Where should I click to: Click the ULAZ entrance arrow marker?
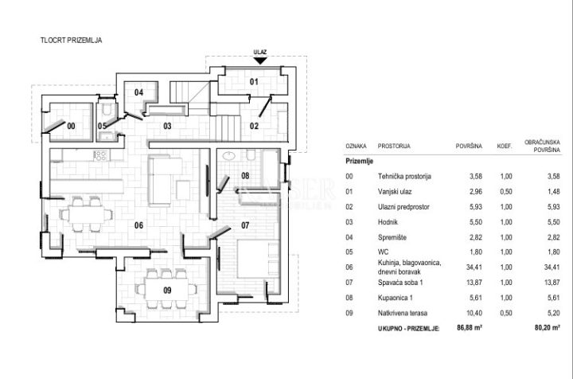pyautogui.click(x=260, y=61)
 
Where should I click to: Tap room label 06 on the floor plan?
pyautogui.click(x=138, y=225)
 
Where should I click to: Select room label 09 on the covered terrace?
pyautogui.click(x=167, y=290)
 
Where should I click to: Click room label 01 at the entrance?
pyautogui.click(x=254, y=81)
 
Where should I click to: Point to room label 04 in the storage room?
pyautogui.click(x=138, y=92)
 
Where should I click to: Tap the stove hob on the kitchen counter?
pyautogui.click(x=100, y=155)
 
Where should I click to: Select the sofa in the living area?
pyautogui.click(x=165, y=179)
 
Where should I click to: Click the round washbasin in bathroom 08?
pyautogui.click(x=228, y=156)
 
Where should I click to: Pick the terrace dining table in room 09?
pyautogui.click(x=166, y=290)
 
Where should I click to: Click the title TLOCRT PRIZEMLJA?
pyautogui.click(x=72, y=40)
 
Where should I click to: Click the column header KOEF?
pyautogui.click(x=505, y=146)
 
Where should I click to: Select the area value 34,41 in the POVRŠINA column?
pyautogui.click(x=474, y=268)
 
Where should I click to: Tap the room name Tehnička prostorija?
pyautogui.click(x=404, y=176)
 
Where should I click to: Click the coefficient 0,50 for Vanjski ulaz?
pyautogui.click(x=506, y=192)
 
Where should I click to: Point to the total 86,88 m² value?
pyautogui.click(x=470, y=327)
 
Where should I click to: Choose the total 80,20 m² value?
pyautogui.click(x=548, y=327)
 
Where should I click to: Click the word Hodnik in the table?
pyautogui.click(x=388, y=222)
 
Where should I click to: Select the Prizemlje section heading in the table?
pyautogui.click(x=359, y=161)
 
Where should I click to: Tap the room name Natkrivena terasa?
pyautogui.click(x=403, y=313)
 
